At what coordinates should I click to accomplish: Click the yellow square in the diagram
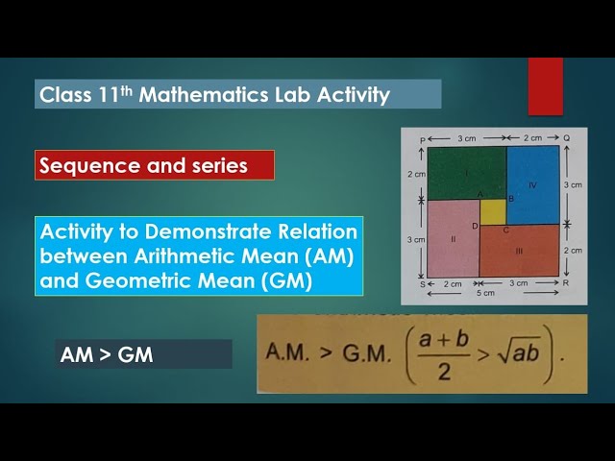point(492,211)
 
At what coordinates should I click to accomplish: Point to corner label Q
point(566,138)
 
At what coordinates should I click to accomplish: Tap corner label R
point(567,284)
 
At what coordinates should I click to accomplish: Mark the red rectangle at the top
point(545,86)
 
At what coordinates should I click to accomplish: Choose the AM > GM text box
point(144,354)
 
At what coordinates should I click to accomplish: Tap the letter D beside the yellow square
point(475,226)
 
